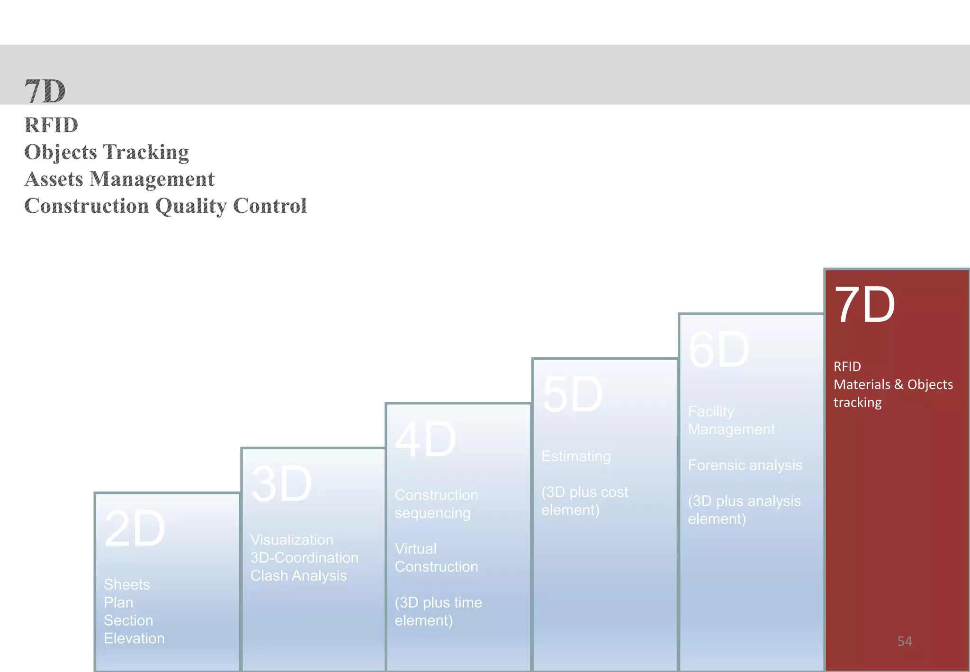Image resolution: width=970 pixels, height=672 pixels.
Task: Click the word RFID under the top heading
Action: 51,125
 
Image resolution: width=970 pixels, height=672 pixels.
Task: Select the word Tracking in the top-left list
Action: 146,152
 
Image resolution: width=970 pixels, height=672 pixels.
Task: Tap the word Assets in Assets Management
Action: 54,179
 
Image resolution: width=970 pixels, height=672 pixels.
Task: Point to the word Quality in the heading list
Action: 191,206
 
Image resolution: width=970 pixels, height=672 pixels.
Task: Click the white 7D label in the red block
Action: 864,305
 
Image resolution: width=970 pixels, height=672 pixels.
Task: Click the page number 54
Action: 904,641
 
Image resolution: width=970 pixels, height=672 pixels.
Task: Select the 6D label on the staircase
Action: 719,350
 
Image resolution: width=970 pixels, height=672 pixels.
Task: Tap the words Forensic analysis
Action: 745,465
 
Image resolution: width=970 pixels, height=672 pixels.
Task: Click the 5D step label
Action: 572,395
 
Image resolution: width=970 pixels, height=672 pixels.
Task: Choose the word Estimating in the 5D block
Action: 575,456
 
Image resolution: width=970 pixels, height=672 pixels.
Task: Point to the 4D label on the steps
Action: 425,440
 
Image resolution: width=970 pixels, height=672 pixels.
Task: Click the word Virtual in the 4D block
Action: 415,548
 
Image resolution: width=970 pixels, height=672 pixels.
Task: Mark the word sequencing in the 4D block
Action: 432,513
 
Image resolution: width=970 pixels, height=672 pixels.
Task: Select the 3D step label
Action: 281,484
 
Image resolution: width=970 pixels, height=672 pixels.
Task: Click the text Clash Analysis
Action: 298,575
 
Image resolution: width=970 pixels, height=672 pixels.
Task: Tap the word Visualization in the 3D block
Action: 292,539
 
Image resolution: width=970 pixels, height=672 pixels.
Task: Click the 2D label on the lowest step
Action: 135,529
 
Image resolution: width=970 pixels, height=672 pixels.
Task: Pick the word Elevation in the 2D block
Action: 134,638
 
